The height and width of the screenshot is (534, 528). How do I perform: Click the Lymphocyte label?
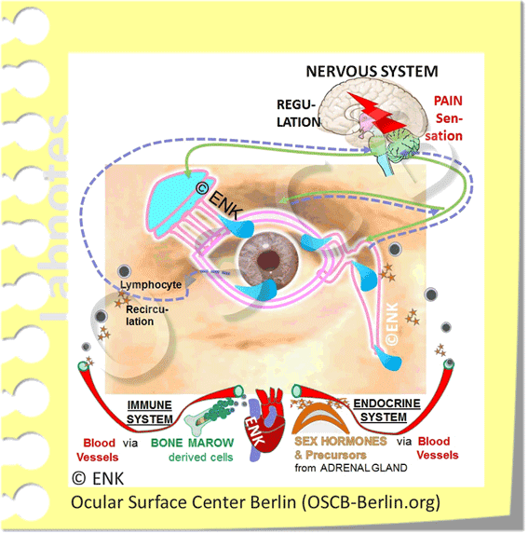(151, 282)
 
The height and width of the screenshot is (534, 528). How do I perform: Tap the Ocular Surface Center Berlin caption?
(255, 503)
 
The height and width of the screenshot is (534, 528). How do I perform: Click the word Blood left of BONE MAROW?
(98, 444)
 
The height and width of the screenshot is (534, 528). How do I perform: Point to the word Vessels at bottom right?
(438, 455)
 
